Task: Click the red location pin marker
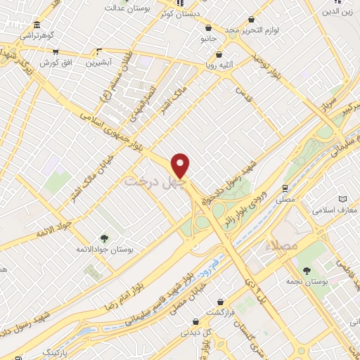click(181, 165)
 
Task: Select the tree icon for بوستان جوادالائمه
click(105, 238)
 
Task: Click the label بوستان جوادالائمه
click(106, 250)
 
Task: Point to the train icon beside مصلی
click(284, 188)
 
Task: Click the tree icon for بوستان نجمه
click(305, 270)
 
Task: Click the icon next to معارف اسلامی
click(343, 200)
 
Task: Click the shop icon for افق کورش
click(55, 51)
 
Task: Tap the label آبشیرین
click(101, 63)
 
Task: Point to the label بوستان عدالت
click(120, 8)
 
